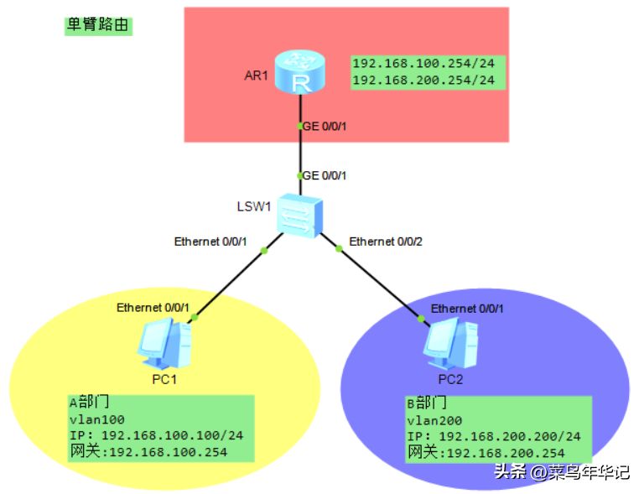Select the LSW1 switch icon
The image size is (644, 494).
[x=299, y=216]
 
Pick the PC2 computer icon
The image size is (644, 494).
[x=447, y=344]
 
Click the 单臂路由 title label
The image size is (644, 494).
[x=98, y=25]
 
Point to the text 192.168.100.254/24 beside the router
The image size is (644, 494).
[x=423, y=64]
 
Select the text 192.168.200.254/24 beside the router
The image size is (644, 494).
[x=423, y=81]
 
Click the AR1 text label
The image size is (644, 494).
[x=254, y=75]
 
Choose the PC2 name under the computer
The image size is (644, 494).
[x=449, y=379]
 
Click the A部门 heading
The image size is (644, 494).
[x=89, y=403]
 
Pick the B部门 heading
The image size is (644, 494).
[x=426, y=404]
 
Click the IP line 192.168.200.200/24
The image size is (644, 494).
[x=493, y=437]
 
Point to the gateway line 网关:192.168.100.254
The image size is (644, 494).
[x=148, y=453]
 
